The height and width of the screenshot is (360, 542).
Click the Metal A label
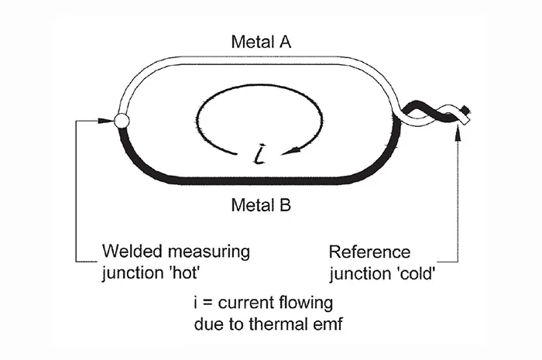tap(261, 42)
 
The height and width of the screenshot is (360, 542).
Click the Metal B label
tap(261, 205)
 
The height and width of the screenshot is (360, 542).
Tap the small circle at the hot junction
tap(122, 121)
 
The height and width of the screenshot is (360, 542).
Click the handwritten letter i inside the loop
tap(259, 154)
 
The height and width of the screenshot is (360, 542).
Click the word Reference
tap(369, 252)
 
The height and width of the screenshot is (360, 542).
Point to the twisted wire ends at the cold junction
tap(435, 114)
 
